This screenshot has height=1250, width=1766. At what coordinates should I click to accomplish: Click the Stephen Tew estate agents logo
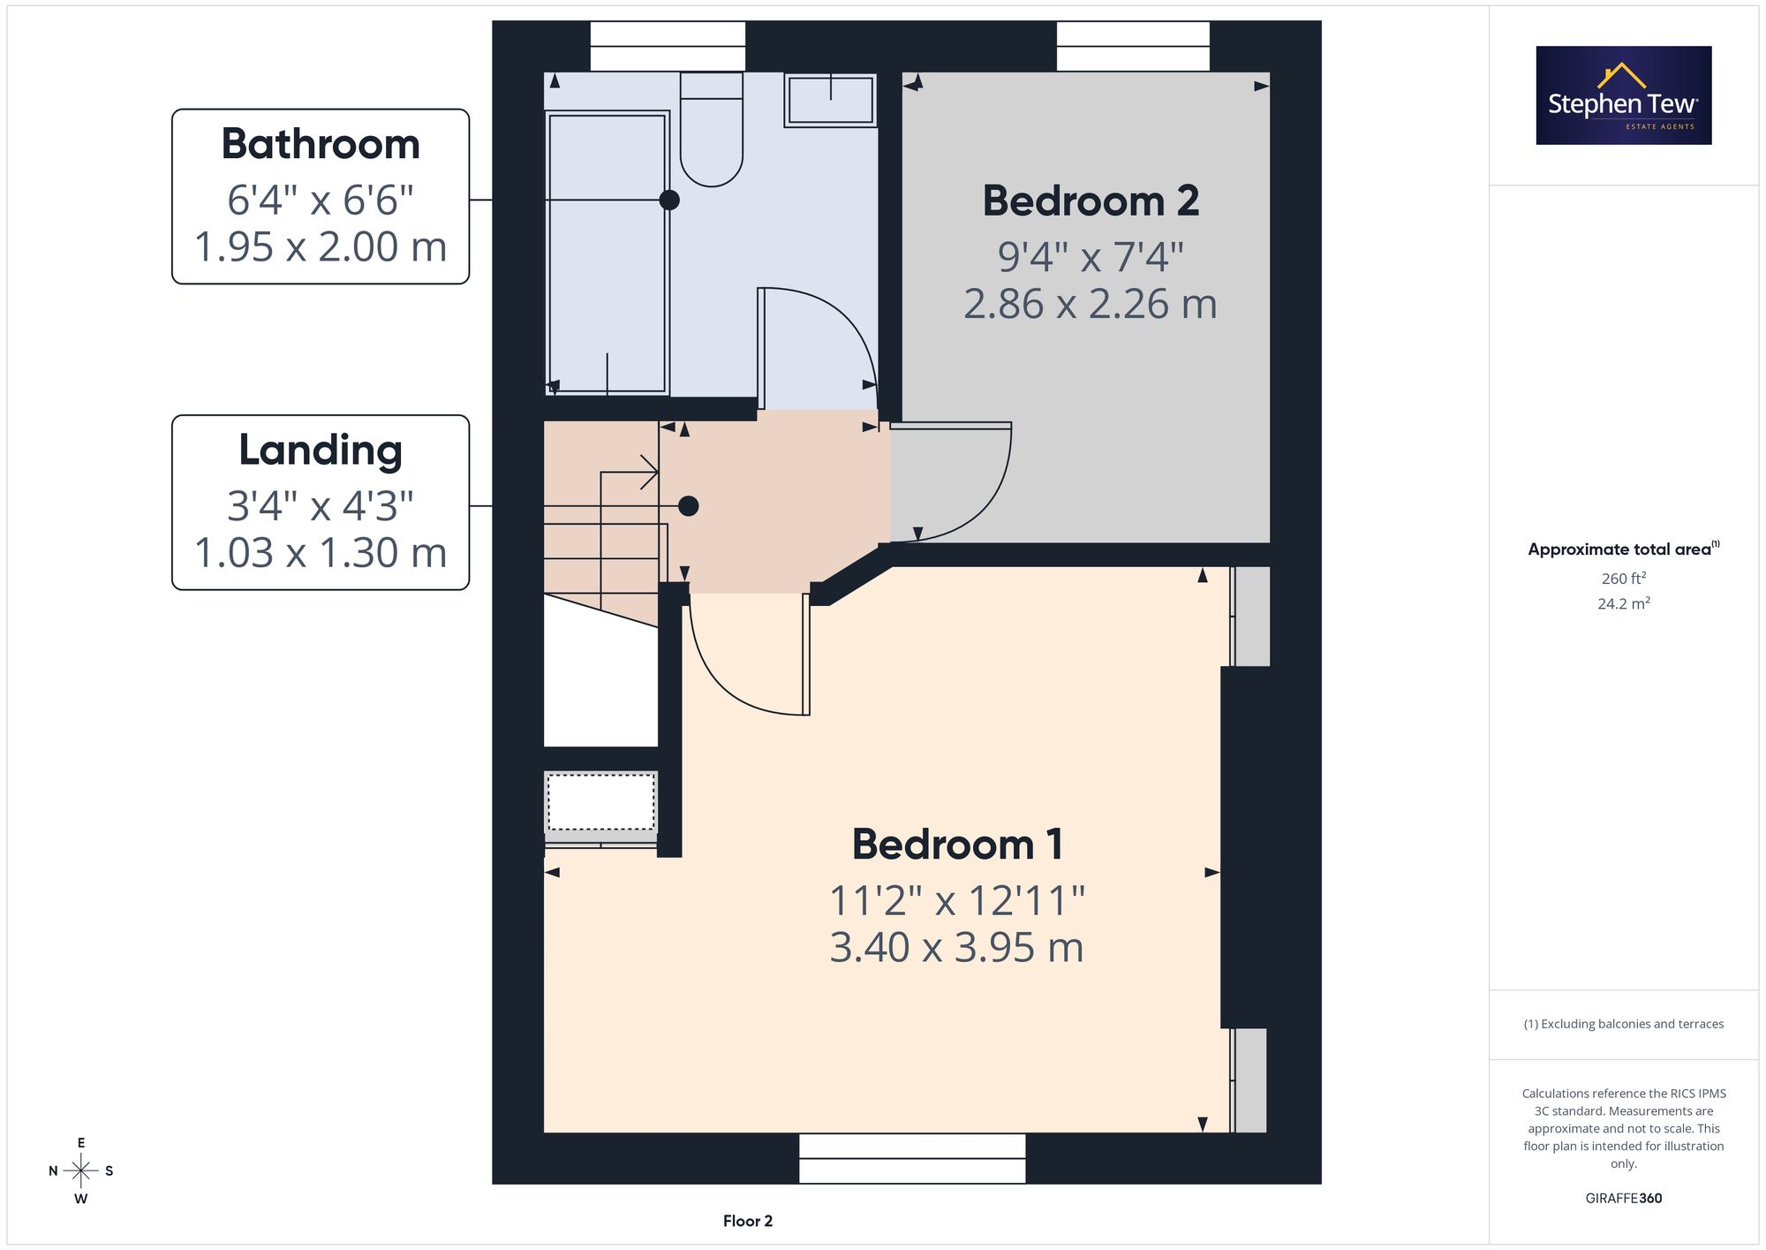coord(1624,95)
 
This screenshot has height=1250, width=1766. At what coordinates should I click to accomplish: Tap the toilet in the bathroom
coord(711,130)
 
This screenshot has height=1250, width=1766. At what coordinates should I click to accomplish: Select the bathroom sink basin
coord(830,100)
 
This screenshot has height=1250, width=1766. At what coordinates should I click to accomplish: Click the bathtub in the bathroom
coord(607,253)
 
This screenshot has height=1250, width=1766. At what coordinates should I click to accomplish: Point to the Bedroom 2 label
coord(1091,201)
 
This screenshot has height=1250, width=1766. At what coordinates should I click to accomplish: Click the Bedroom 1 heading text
coord(957,845)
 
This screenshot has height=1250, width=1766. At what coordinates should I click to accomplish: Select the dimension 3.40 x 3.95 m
coord(957,948)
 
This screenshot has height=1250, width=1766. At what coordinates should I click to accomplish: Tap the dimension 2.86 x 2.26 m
coord(1091,305)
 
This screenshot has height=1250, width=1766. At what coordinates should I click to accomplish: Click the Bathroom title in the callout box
coord(321,144)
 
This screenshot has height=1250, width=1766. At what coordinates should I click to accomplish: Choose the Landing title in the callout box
coord(321,451)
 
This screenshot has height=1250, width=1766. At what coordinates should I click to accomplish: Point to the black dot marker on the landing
coord(689,506)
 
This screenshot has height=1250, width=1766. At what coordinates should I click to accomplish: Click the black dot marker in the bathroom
coord(669,200)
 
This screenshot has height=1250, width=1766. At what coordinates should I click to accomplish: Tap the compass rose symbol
coord(81,1171)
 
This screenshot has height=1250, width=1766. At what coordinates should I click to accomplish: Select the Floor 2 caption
coord(748,1221)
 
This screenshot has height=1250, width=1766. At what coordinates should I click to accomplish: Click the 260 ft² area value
coord(1624,579)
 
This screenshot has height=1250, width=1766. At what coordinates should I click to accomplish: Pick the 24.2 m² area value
coord(1624,603)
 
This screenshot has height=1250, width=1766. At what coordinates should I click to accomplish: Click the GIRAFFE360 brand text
coord(1624,1199)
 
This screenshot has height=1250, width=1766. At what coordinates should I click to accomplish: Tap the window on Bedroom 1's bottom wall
coord(912,1158)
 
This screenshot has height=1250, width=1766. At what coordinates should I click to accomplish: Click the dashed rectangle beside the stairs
coord(601,802)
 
